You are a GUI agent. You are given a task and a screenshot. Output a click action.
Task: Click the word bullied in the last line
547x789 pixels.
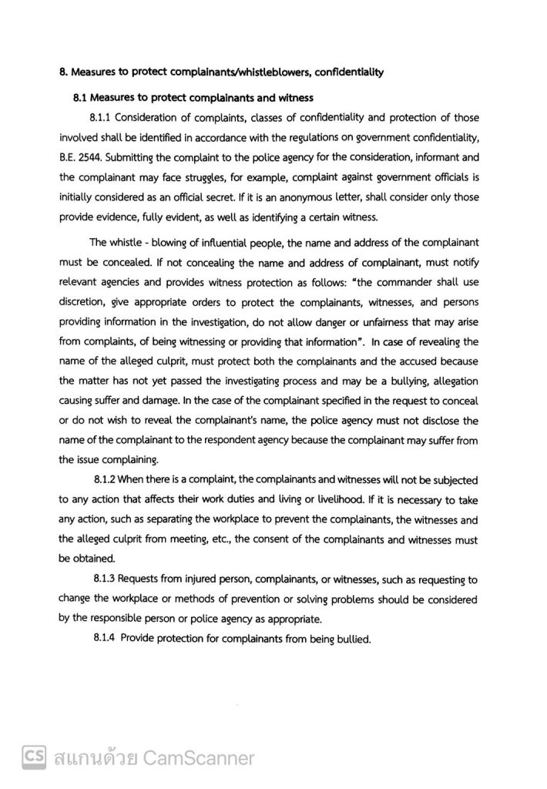point(353,638)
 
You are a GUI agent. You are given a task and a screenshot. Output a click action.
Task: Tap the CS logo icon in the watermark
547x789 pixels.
point(32,758)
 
